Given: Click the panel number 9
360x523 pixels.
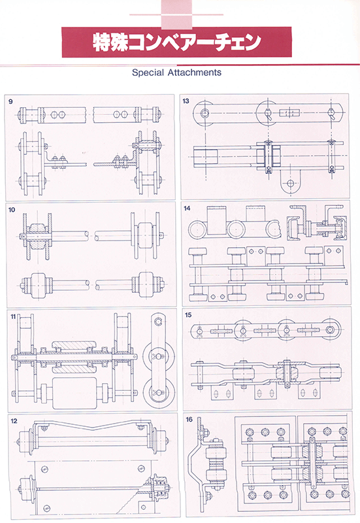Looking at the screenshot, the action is pyautogui.click(x=10, y=101).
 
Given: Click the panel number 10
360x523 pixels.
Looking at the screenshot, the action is pyautogui.click(x=12, y=209).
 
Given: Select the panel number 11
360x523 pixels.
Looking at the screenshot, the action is pyautogui.click(x=13, y=316).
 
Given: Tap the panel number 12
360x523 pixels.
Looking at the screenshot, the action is pyautogui.click(x=14, y=421).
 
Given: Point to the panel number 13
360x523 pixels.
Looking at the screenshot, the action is pyautogui.click(x=186, y=101).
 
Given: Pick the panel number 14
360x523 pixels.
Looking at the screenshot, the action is pyautogui.click(x=187, y=208).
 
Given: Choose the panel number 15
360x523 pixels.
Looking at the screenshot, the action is pyautogui.click(x=188, y=315).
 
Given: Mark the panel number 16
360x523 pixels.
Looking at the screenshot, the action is pyautogui.click(x=189, y=419).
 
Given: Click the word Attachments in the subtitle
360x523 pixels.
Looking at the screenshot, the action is pyautogui.click(x=194, y=73).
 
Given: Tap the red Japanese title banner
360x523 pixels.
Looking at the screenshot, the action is pyautogui.click(x=176, y=42).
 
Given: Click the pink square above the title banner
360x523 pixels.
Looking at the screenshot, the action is pyautogui.click(x=176, y=14).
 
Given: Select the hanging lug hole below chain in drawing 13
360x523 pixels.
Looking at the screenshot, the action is pyautogui.click(x=291, y=183).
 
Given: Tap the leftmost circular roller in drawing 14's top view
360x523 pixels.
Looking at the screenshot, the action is pyautogui.click(x=199, y=229).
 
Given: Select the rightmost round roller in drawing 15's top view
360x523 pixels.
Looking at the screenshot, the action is pyautogui.click(x=330, y=329).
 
